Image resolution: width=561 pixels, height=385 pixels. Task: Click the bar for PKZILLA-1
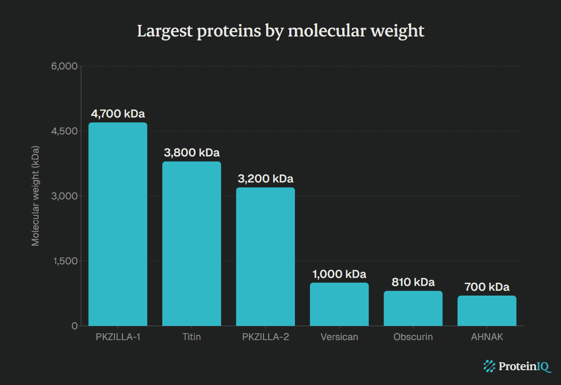coord(118,224)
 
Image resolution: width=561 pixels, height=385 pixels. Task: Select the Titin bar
coord(192,243)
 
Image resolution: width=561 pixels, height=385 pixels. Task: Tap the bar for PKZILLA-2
coord(265,257)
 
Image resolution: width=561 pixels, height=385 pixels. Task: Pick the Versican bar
coord(339,304)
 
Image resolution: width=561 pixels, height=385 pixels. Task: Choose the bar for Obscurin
coord(413,308)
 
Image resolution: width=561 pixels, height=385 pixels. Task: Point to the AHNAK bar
coord(487,311)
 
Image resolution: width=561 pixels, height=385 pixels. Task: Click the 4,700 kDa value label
coord(118,114)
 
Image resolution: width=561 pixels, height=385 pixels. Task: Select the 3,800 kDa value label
coord(192,153)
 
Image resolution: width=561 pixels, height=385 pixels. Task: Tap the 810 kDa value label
coord(413,282)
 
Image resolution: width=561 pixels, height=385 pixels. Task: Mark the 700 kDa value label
coord(487,287)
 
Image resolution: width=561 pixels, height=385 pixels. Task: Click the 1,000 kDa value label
coord(339,274)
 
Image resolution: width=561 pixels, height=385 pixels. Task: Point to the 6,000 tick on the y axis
coord(64,66)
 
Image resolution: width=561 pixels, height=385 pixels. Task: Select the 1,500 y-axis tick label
coord(65,261)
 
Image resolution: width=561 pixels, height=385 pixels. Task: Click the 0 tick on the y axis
coord(75,326)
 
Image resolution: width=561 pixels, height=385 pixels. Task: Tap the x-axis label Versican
coord(339,337)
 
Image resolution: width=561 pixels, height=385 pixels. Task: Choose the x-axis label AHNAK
coord(487,337)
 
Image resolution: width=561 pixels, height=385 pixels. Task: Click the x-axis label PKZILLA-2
coord(265,337)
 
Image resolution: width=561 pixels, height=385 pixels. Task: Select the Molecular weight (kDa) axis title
coord(35,196)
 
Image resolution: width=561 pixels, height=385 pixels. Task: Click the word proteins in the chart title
coord(229,31)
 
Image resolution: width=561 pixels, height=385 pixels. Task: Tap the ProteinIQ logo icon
coord(489,366)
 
